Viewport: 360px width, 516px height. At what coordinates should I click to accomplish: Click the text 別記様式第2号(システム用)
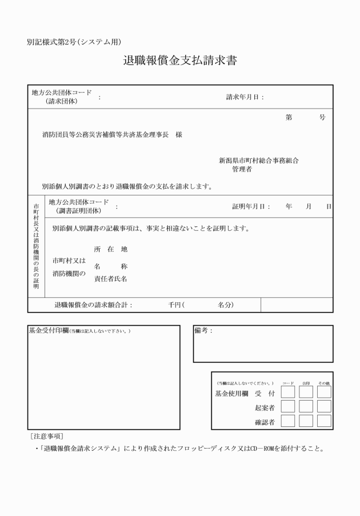click(74, 42)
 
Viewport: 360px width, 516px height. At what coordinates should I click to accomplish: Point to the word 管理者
click(242, 170)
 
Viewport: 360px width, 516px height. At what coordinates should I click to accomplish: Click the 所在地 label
click(110, 249)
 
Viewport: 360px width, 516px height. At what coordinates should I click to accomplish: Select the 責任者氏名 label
click(110, 279)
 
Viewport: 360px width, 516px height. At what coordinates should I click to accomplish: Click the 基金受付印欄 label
click(49, 331)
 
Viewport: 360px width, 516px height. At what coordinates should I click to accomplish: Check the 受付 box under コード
click(288, 392)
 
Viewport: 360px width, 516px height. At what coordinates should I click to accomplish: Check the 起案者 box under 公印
click(306, 406)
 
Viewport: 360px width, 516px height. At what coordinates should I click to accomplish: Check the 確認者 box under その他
click(324, 421)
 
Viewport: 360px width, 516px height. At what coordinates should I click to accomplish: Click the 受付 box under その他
click(324, 392)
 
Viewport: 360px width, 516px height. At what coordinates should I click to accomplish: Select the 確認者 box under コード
click(288, 421)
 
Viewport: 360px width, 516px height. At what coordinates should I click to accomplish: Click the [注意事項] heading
click(47, 436)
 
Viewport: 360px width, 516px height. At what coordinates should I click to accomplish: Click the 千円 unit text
click(174, 305)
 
